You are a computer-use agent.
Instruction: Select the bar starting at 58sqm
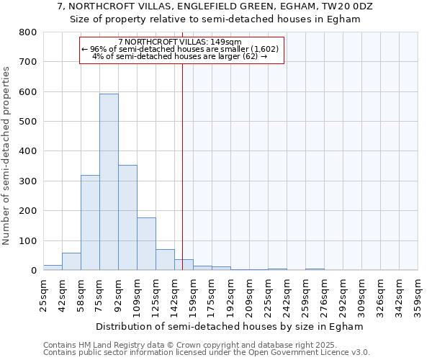point(90,222)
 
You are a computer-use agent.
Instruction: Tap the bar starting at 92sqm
point(127,217)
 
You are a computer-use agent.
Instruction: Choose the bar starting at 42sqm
point(71,261)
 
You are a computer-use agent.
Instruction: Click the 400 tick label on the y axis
point(28,151)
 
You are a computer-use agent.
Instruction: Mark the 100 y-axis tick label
point(28,240)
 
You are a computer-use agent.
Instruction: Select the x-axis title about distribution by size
point(229,326)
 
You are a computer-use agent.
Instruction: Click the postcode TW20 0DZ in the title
point(348,7)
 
